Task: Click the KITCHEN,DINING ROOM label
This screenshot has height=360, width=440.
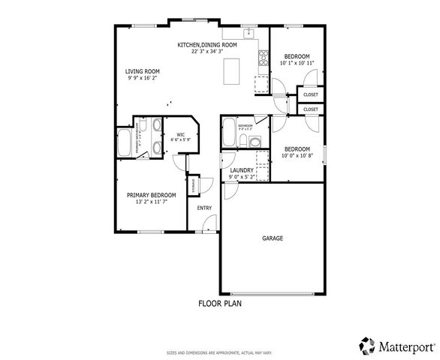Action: click(207, 45)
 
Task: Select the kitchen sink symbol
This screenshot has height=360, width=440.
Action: click(249, 33)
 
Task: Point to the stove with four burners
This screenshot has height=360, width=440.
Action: click(264, 57)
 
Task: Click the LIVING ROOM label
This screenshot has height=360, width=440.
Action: click(142, 72)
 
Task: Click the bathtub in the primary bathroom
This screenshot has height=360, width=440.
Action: click(124, 142)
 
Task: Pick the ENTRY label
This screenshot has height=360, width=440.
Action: click(204, 208)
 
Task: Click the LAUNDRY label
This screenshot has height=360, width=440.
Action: click(242, 171)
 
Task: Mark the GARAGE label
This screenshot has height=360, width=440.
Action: click(273, 238)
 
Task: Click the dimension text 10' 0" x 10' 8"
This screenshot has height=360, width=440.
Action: click(297, 155)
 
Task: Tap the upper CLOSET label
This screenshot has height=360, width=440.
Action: click(311, 94)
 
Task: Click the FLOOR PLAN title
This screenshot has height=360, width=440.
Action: click(219, 304)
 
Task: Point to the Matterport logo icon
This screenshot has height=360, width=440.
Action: click(366, 346)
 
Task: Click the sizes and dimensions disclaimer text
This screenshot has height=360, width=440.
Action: click(219, 352)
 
